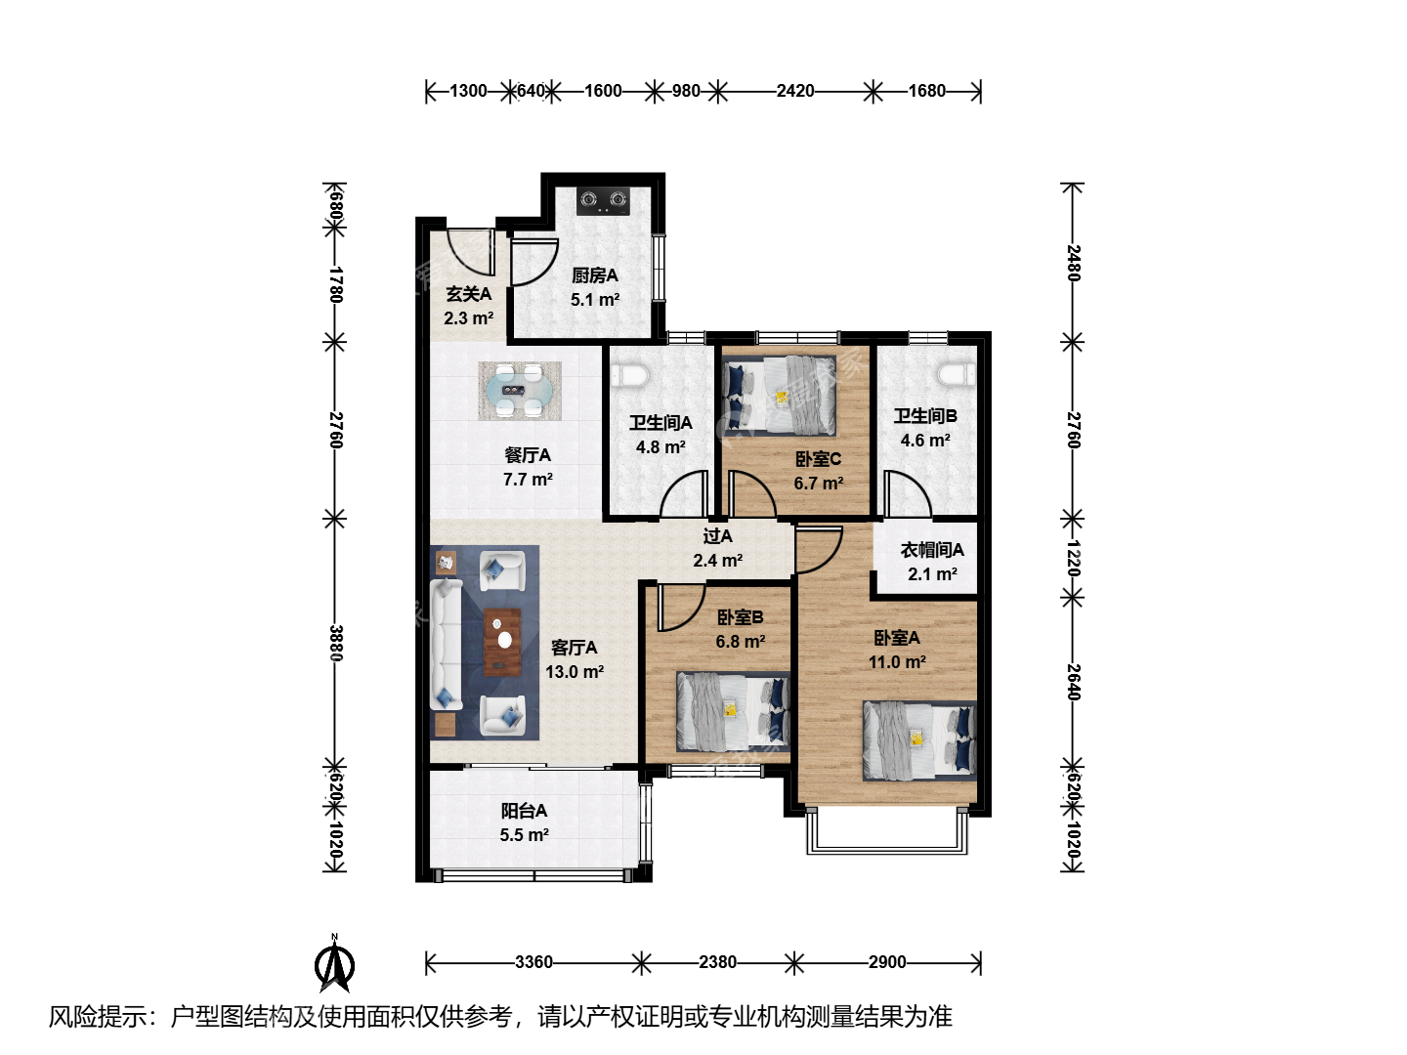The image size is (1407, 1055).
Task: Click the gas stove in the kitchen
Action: tap(603, 200)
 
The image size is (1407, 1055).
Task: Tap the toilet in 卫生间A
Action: tap(629, 375)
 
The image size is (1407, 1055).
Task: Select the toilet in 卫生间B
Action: tap(958, 375)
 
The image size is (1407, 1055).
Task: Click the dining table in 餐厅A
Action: tap(519, 391)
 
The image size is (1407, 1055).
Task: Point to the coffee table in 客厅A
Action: tap(502, 642)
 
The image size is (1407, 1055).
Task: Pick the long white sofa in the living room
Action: tap(447, 643)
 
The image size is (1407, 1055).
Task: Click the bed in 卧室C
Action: tap(780, 397)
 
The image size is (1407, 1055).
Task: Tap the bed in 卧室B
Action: tap(734, 712)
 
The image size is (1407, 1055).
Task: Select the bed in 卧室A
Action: tap(919, 740)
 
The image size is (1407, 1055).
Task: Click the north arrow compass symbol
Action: tap(334, 964)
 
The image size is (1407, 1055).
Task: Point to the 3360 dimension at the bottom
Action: tap(533, 962)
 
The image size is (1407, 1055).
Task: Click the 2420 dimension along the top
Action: tap(794, 91)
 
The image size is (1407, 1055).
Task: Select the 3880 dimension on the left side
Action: tap(335, 643)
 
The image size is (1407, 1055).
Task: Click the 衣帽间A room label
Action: tap(932, 550)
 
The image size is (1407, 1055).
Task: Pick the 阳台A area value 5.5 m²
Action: tap(524, 834)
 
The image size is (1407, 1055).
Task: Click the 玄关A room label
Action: tap(469, 294)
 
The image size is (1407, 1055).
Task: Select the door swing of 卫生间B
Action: tap(908, 493)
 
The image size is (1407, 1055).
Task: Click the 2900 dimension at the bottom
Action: tap(887, 962)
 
